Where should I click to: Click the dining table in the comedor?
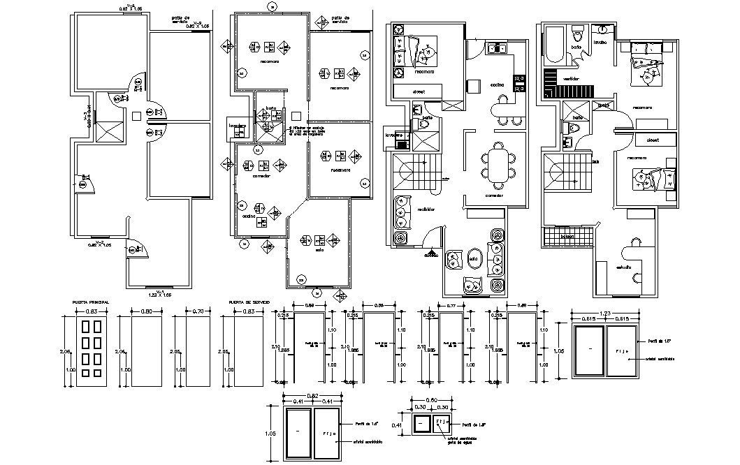(x=498, y=165)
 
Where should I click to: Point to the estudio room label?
(x=624, y=267)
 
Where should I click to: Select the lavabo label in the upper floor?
(x=601, y=41)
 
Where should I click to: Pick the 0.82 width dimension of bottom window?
(x=312, y=396)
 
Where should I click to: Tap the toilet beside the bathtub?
(x=577, y=33)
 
